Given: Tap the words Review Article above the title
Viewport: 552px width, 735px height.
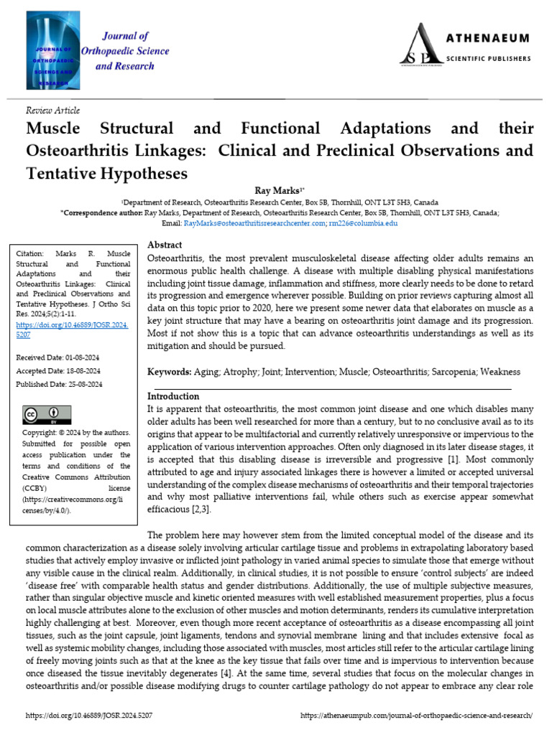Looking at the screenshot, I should pyautogui.click(x=52, y=111).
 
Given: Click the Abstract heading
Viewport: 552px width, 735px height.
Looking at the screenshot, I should pyautogui.click(x=165, y=245).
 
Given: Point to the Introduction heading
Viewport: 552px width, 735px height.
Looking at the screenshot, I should pyautogui.click(x=173, y=395).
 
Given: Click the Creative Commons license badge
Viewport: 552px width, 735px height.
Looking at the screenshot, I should pyautogui.click(x=41, y=416).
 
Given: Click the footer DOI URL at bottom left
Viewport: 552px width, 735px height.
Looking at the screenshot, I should pyautogui.click(x=89, y=716).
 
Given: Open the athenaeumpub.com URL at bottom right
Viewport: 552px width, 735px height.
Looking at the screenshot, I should pyautogui.click(x=417, y=716).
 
